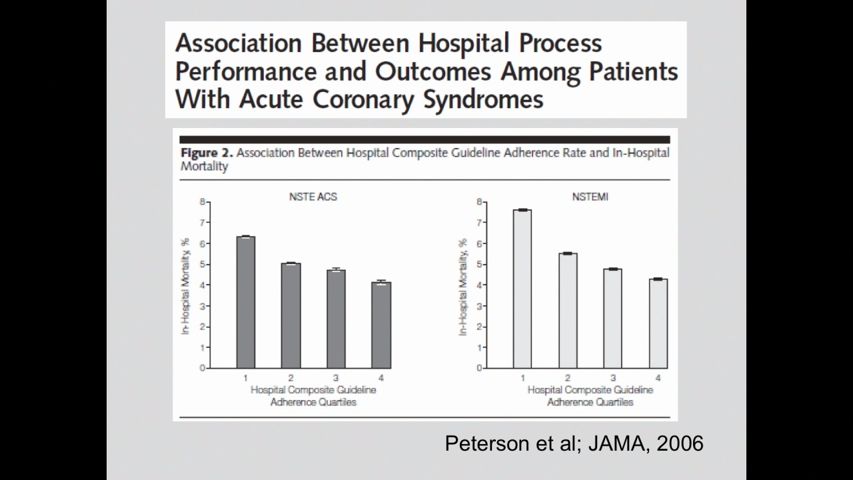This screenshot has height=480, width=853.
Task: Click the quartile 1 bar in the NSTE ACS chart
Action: [x=246, y=303]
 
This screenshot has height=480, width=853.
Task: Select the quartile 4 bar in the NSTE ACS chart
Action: [x=381, y=325]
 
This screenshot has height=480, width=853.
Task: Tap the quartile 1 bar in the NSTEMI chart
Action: [x=522, y=289]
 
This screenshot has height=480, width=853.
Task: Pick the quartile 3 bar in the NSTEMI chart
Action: [x=612, y=319]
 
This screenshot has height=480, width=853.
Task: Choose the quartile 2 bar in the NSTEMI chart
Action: [x=568, y=311]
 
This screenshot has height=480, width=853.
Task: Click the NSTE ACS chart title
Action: [x=313, y=197]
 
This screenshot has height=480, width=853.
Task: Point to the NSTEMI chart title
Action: [x=590, y=197]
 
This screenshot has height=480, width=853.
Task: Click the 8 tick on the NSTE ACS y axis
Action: [x=203, y=201]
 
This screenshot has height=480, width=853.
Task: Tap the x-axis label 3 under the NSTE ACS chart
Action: [x=336, y=378]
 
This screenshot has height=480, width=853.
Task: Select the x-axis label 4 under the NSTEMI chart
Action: [x=658, y=378]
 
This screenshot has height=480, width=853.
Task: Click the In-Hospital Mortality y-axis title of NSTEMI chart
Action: [x=463, y=287]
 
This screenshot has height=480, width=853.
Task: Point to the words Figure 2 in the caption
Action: [x=207, y=153]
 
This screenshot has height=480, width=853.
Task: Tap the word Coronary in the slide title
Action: [x=363, y=99]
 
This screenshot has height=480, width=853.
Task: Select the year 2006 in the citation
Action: [x=680, y=443]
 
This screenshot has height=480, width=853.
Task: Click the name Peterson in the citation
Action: [x=487, y=443]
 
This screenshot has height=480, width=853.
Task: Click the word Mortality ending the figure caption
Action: [x=204, y=167]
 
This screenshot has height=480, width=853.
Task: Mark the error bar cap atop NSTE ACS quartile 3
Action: [x=336, y=268]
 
